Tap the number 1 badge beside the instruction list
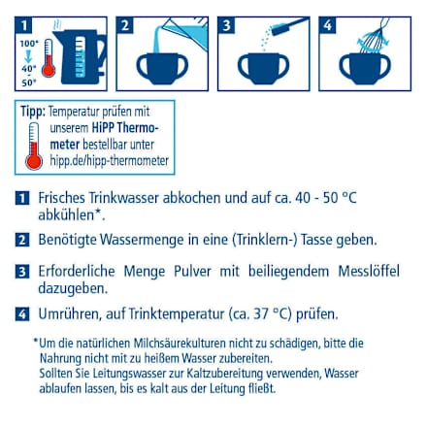click(x=21, y=198)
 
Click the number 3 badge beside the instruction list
click(x=21, y=271)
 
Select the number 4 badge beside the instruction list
click(x=21, y=313)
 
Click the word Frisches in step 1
click(x=62, y=197)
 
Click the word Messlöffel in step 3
click(x=373, y=271)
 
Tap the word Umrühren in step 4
click(x=70, y=313)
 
